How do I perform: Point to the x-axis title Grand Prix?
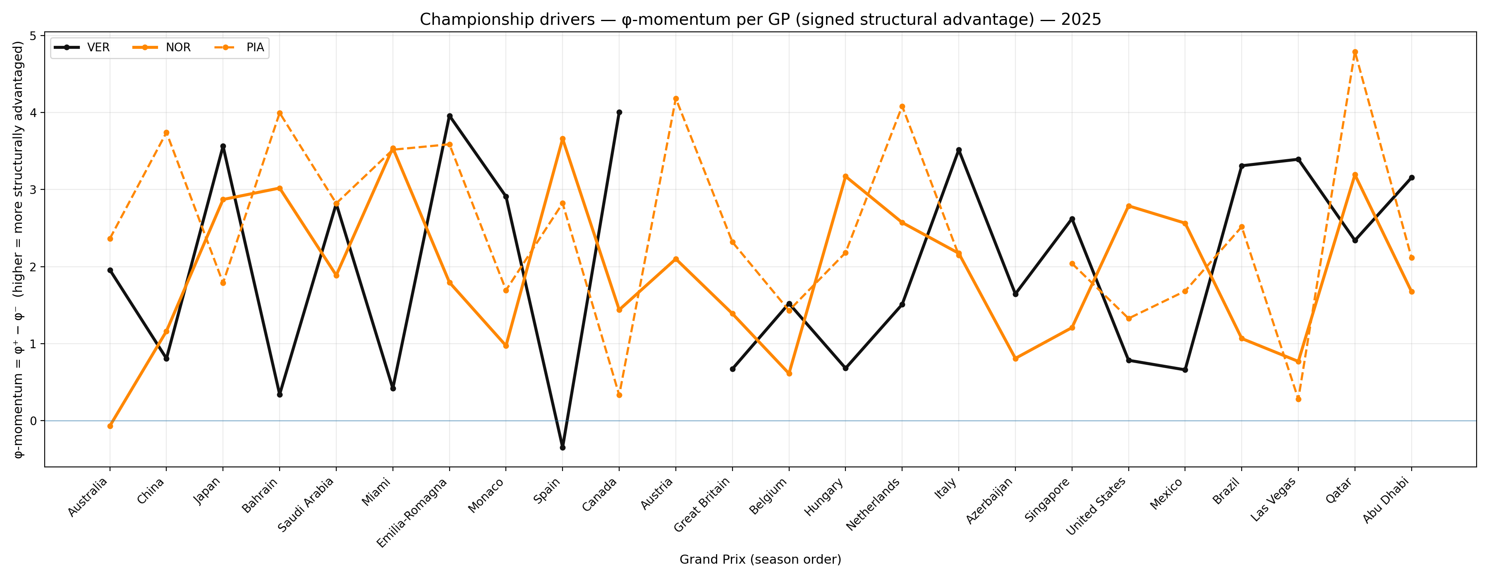click(760, 559)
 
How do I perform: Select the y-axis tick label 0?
click(33, 421)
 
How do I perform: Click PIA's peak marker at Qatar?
click(1355, 52)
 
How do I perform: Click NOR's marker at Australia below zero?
click(110, 426)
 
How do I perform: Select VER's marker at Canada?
click(619, 112)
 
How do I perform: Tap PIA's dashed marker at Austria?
click(676, 99)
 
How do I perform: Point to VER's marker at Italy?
click(959, 150)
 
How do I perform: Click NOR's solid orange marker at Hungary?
click(846, 176)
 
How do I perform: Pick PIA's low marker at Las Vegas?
click(1298, 399)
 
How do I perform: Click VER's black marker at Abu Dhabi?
click(1412, 178)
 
